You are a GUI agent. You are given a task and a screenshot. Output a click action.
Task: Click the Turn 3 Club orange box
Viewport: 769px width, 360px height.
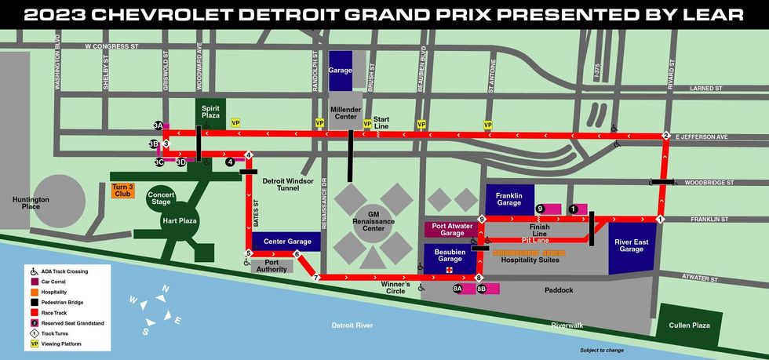(122, 190)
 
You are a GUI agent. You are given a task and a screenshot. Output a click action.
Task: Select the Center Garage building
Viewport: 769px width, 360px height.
(286, 242)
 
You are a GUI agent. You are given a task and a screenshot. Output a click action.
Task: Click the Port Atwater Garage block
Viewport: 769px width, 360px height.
(452, 228)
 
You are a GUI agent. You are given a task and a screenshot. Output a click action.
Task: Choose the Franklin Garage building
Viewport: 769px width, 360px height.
(509, 199)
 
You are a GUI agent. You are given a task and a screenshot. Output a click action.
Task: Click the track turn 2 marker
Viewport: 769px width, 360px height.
(665, 135)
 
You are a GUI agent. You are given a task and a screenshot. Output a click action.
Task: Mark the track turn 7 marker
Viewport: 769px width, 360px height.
(316, 278)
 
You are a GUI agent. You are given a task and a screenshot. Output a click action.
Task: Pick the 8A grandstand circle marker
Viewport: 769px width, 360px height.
(457, 289)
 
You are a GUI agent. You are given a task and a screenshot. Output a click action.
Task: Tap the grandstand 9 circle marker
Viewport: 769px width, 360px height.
(540, 208)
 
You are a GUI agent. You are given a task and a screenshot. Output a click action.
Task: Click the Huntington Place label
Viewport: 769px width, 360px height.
(31, 203)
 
